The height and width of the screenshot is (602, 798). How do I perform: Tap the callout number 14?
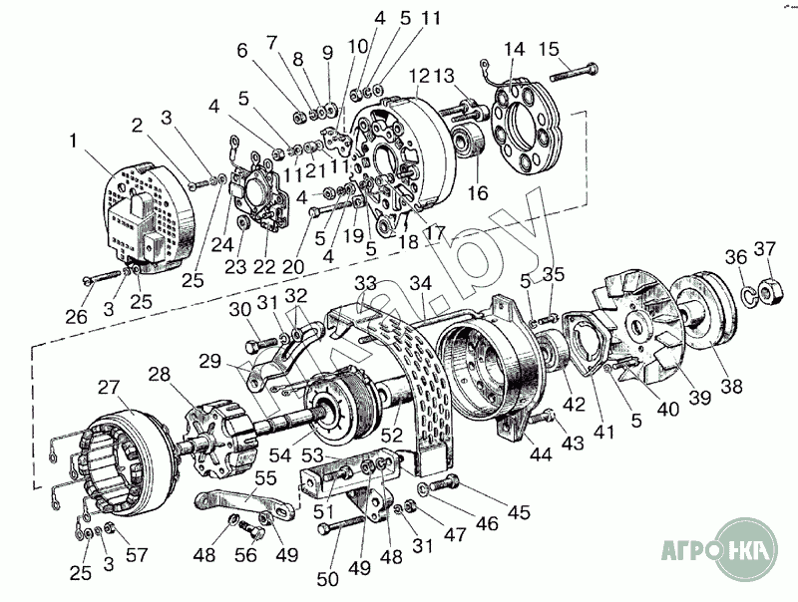[514, 49]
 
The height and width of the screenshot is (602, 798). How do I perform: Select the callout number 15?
[550, 49]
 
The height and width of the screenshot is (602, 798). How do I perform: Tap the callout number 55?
[265, 477]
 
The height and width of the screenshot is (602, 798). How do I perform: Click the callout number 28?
[159, 375]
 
